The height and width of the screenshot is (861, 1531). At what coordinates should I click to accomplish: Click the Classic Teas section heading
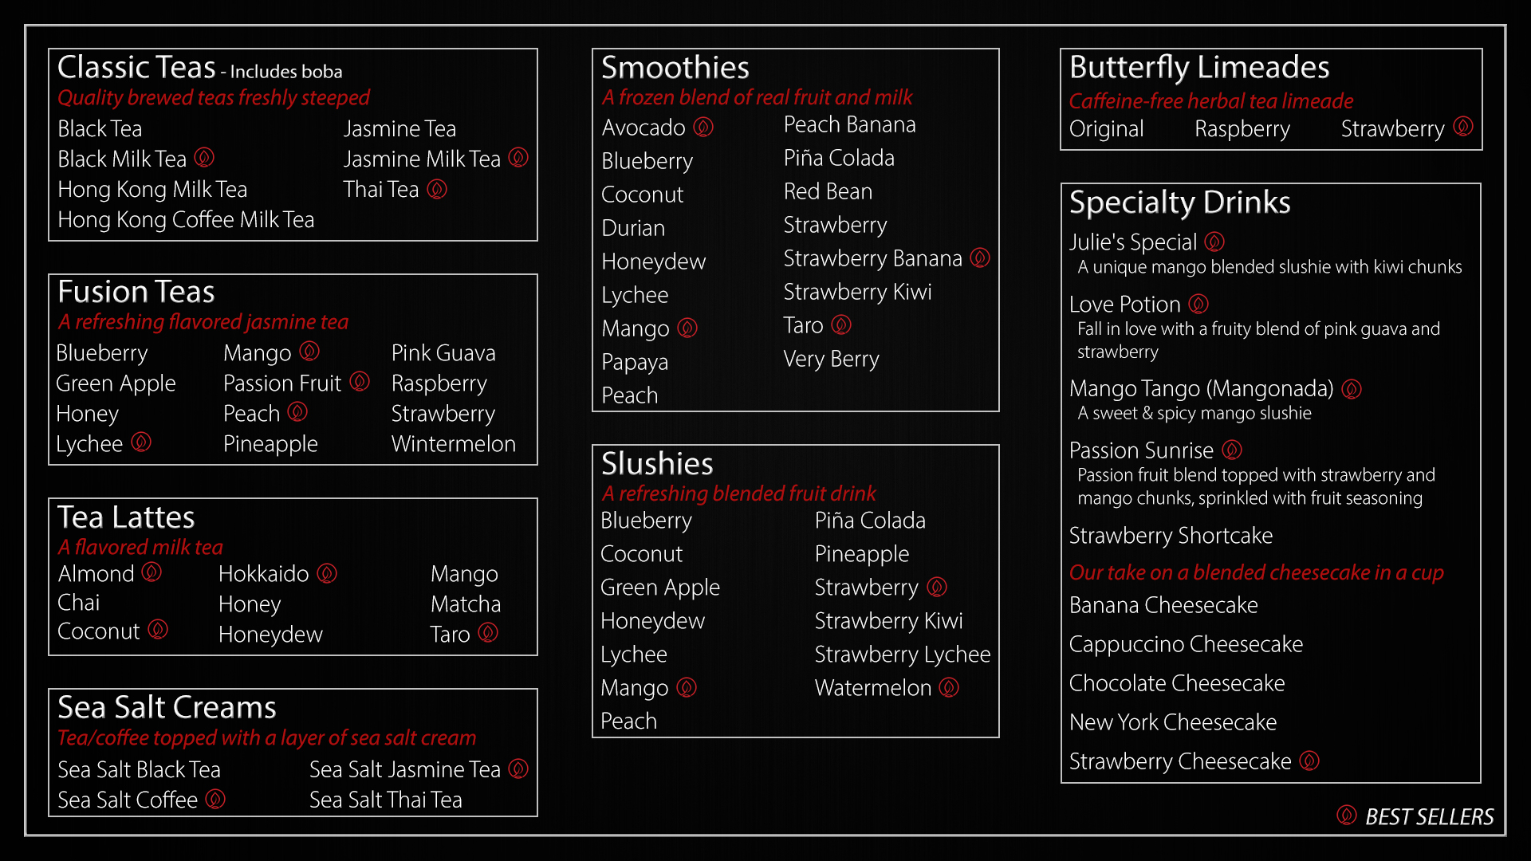pyautogui.click(x=136, y=67)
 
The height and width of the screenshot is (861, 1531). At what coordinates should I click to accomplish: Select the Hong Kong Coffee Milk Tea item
pyautogui.click(x=186, y=219)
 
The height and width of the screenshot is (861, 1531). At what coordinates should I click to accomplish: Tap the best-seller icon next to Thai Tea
pyautogui.click(x=437, y=189)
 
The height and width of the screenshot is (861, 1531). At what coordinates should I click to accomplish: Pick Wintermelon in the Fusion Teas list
pyautogui.click(x=453, y=444)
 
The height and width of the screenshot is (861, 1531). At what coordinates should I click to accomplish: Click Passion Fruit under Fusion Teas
pyautogui.click(x=281, y=383)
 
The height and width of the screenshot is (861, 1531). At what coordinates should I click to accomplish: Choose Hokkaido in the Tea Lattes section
pyautogui.click(x=263, y=574)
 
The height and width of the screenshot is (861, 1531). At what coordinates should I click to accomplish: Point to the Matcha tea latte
pyautogui.click(x=466, y=604)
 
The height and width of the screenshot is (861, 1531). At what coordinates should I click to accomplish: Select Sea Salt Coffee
pyautogui.click(x=128, y=800)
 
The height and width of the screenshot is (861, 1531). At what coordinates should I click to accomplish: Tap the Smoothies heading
pyautogui.click(x=675, y=67)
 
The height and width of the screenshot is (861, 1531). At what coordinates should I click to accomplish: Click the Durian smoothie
pyautogui.click(x=633, y=228)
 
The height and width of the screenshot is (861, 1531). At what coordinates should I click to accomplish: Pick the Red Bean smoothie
pyautogui.click(x=828, y=191)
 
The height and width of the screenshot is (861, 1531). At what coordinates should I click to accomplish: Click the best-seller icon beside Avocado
pyautogui.click(x=703, y=127)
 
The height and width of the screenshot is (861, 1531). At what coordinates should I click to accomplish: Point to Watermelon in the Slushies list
pyautogui.click(x=872, y=688)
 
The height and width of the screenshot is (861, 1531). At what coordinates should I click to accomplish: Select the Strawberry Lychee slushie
pyautogui.click(x=902, y=655)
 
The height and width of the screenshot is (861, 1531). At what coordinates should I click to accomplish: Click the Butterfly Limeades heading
pyautogui.click(x=1198, y=67)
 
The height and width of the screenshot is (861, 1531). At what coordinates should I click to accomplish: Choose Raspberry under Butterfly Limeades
pyautogui.click(x=1242, y=129)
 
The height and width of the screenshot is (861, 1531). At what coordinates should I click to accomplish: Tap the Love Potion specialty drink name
pyautogui.click(x=1124, y=305)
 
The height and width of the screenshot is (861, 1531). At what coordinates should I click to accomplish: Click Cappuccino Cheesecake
pyautogui.click(x=1186, y=644)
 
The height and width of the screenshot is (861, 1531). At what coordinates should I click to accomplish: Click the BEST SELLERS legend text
pyautogui.click(x=1429, y=817)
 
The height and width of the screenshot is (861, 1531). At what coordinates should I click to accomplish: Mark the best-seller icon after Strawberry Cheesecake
pyautogui.click(x=1309, y=761)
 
